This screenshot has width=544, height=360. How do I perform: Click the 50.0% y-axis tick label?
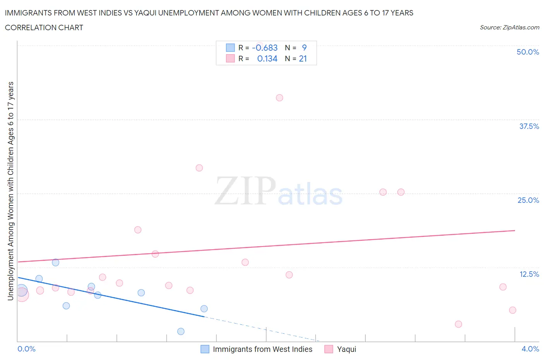[528, 52]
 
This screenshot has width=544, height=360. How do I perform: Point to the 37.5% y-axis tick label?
[529, 126]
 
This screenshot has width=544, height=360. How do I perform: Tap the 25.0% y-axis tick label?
[528, 200]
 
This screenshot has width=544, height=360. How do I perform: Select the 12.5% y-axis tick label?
[529, 274]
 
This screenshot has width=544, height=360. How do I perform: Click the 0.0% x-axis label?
[26, 349]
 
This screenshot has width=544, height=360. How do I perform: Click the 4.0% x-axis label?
[530, 349]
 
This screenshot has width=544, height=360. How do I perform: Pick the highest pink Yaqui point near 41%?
[279, 98]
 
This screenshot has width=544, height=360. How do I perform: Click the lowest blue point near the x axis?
[181, 331]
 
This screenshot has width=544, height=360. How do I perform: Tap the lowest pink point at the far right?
[458, 324]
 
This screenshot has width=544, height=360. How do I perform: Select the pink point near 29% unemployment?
[199, 168]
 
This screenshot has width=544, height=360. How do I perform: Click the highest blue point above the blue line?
[56, 262]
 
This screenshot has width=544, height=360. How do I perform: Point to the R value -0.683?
[265, 48]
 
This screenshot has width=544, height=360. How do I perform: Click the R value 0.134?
[267, 58]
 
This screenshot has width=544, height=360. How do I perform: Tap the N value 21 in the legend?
[303, 58]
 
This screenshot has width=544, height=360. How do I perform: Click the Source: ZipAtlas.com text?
[509, 27]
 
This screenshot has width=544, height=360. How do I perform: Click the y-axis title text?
[10, 191]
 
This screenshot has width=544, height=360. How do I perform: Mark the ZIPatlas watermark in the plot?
[278, 192]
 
